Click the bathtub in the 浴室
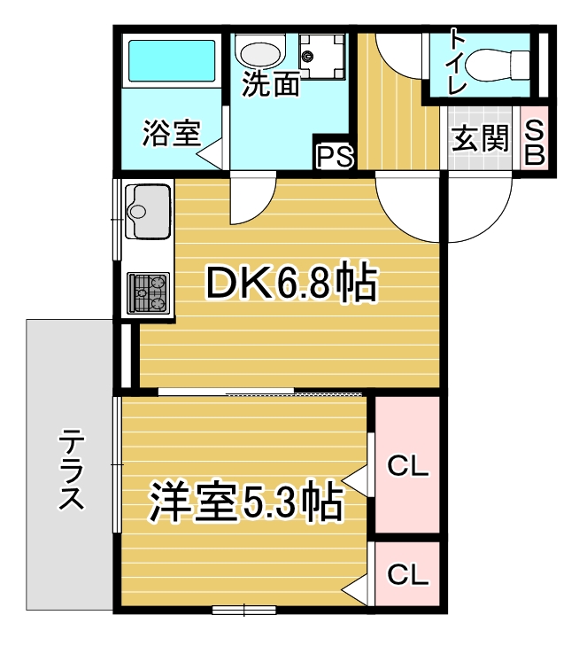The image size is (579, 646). (172, 60)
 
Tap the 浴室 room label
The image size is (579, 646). (172, 133)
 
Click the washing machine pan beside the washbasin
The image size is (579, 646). (321, 56)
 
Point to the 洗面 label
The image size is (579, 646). (270, 83)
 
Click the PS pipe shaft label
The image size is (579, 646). (335, 157)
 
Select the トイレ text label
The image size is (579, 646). (457, 62)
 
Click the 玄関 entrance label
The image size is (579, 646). (480, 138)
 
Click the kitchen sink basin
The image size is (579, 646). (148, 212)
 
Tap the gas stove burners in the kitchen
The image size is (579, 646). (148, 293)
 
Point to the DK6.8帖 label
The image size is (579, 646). (291, 283)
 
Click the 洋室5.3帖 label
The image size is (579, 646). (246, 502)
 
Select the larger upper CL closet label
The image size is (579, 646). (408, 466)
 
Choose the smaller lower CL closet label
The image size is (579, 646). (408, 574)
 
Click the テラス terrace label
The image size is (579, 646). (71, 469)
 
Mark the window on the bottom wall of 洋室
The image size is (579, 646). (244, 610)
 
